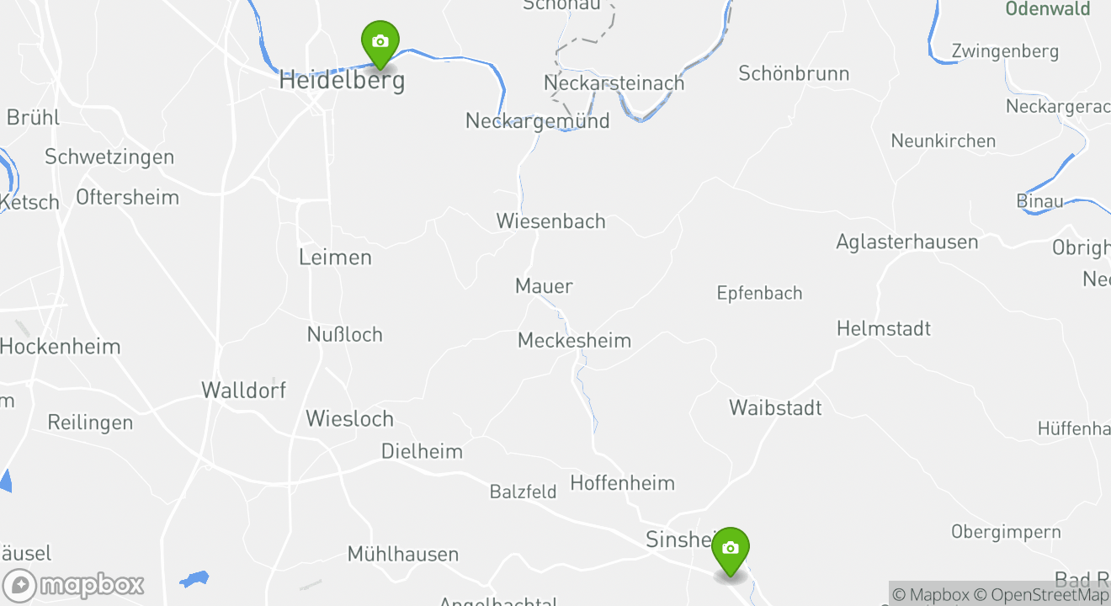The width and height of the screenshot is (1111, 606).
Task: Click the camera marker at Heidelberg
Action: pyautogui.click(x=380, y=42)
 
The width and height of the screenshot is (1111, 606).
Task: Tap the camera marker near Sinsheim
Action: pyautogui.click(x=730, y=549)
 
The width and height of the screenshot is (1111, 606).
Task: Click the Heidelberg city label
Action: pyautogui.click(x=342, y=81)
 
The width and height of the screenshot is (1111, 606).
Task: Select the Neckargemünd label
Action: pyautogui.click(x=537, y=120)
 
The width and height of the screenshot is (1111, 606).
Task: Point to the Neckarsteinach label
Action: pyautogui.click(x=614, y=83)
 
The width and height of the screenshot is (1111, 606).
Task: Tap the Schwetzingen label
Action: pyautogui.click(x=109, y=157)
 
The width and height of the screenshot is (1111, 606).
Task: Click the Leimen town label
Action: pyautogui.click(x=335, y=257)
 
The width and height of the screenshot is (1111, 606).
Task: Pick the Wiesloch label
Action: pyautogui.click(x=349, y=418)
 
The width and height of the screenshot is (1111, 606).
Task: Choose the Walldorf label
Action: pyautogui.click(x=243, y=390)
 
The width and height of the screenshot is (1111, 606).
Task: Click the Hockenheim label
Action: pyautogui.click(x=61, y=346)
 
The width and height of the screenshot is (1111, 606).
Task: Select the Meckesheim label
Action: pyautogui.click(x=574, y=340)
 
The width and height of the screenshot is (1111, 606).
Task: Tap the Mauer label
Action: pyautogui.click(x=544, y=286)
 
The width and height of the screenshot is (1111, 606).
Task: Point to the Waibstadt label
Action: pyautogui.click(x=775, y=407)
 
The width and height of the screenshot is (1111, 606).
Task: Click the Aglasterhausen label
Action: pyautogui.click(x=906, y=242)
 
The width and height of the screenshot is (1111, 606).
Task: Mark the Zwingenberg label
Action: pyautogui.click(x=1005, y=51)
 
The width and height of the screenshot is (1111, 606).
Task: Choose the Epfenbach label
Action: pyautogui.click(x=759, y=293)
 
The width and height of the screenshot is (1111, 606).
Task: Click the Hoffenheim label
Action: pyautogui.click(x=622, y=482)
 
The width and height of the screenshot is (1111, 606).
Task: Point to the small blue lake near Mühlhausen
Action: pyautogui.click(x=194, y=579)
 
